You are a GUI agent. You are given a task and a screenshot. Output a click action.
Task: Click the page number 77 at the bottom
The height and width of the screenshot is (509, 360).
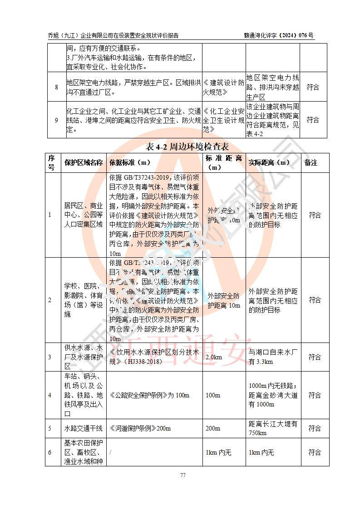[183, 475]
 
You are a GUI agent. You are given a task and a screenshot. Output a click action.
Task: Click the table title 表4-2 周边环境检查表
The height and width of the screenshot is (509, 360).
[187, 147]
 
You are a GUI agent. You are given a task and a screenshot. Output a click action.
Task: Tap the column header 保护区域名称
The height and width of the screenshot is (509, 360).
[84, 163]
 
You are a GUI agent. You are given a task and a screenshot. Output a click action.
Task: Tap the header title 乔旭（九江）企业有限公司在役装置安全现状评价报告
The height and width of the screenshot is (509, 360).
[113, 35]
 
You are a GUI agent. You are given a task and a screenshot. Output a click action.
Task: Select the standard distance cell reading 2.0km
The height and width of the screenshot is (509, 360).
[214, 357]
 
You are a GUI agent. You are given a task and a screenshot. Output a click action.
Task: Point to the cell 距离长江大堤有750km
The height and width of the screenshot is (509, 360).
[273, 428]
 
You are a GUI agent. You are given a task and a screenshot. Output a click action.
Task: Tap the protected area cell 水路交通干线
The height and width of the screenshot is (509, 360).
[84, 428]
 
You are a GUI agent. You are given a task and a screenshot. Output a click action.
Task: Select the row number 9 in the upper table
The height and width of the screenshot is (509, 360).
[56, 120]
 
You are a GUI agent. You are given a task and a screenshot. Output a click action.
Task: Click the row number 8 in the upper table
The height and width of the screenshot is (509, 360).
[56, 87]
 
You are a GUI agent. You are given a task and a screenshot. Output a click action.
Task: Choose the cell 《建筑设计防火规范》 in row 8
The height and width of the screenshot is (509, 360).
[223, 87]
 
